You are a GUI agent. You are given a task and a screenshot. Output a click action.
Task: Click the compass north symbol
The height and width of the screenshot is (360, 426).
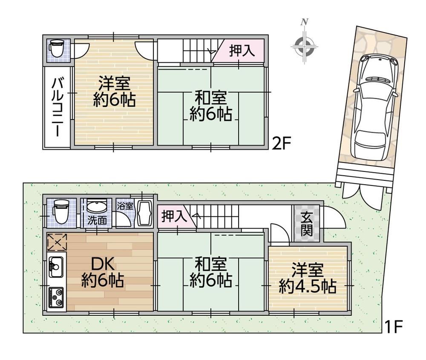[304, 43]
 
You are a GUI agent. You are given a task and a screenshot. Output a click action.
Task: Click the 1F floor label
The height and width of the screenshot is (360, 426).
[393, 327]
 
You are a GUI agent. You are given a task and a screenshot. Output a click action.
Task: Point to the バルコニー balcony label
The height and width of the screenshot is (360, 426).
[58, 107]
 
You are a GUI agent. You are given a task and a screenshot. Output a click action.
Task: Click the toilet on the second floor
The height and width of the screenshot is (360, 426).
[57, 48]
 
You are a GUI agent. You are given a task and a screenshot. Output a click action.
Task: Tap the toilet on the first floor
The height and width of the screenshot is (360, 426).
[60, 212]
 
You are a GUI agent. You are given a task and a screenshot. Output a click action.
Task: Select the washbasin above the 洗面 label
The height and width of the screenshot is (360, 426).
[97, 207]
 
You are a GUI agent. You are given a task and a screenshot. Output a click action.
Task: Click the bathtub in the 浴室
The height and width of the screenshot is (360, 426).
[144, 213]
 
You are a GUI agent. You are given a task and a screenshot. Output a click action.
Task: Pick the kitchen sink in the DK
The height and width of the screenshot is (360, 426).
[56, 267]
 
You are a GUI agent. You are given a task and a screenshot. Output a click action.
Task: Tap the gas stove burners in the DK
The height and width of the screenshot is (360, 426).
[56, 297]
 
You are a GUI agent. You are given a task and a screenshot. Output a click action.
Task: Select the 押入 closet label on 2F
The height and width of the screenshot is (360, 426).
[242, 51]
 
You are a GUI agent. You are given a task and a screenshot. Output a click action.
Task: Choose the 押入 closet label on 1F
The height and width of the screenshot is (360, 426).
[174, 217]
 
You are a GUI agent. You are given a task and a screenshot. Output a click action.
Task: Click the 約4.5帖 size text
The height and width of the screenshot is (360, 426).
[308, 286]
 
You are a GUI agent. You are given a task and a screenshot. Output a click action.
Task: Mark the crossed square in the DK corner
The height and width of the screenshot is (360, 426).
[57, 242]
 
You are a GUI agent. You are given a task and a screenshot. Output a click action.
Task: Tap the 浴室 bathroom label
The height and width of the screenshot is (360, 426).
[125, 206]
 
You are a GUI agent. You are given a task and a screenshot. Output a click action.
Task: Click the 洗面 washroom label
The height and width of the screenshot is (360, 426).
[97, 220]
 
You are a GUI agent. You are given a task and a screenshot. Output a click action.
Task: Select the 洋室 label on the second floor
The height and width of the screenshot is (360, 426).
[114, 83]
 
